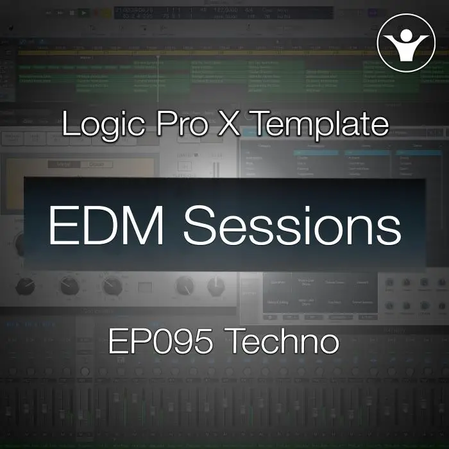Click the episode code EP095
[x=160, y=341]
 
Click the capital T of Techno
[x=235, y=341]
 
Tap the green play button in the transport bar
[x=83, y=12]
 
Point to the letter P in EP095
[x=137, y=341]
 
